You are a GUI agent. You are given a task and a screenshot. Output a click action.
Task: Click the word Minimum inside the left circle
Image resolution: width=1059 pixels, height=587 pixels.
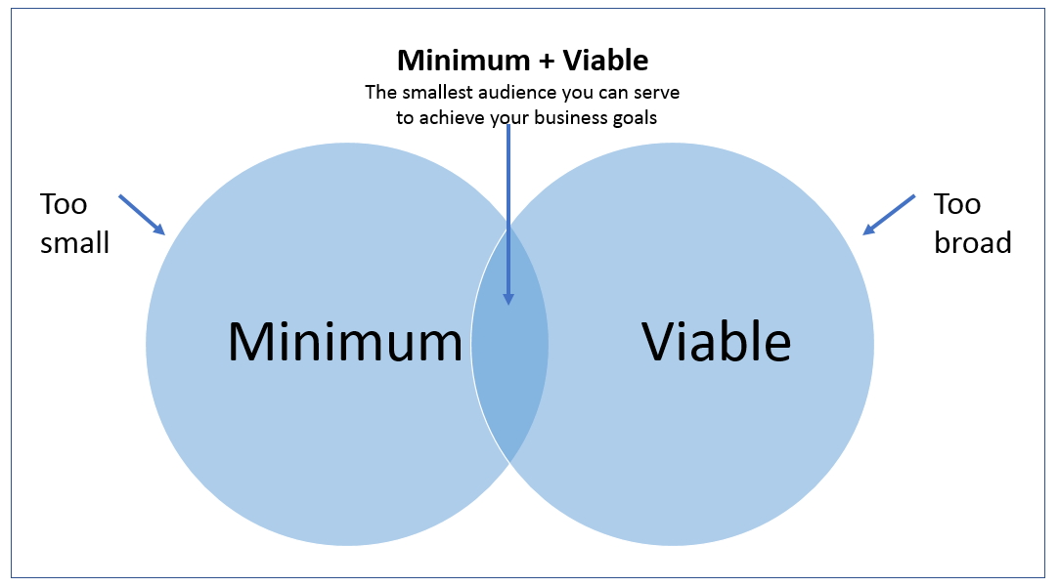tap(344, 342)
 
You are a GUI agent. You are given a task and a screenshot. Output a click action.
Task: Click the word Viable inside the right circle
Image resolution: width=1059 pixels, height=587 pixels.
tap(716, 342)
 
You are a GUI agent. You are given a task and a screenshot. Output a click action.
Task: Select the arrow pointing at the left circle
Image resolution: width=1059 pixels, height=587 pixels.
tap(142, 214)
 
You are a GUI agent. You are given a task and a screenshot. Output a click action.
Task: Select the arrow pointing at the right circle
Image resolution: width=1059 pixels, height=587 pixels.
tap(889, 215)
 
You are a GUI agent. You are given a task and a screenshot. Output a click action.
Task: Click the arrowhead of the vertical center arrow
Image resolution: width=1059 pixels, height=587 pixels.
tap(508, 298)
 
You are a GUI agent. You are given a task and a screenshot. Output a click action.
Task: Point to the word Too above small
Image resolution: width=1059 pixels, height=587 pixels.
tap(64, 204)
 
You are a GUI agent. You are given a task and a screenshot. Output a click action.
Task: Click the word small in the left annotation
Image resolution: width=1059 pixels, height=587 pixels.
tap(74, 241)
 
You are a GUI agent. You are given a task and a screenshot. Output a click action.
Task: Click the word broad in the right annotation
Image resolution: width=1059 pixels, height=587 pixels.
tap(972, 241)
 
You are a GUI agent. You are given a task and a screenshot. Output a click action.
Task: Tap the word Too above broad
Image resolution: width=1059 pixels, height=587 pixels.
tap(957, 204)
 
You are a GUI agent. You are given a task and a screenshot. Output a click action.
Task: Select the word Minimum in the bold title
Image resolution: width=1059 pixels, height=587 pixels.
tap(463, 61)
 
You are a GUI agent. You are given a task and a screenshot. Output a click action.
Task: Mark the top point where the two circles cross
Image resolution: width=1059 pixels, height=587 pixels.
tap(509, 226)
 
